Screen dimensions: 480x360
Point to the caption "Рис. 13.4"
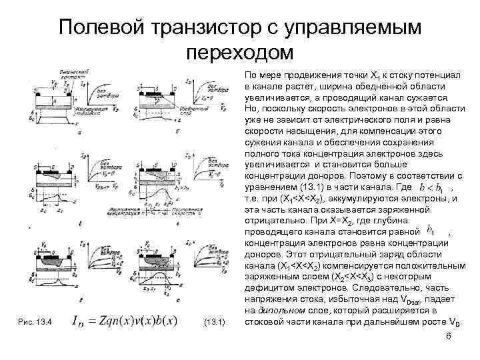point(36,323)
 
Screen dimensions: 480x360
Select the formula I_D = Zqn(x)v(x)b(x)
point(127,322)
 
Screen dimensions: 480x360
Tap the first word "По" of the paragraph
point(251,75)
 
